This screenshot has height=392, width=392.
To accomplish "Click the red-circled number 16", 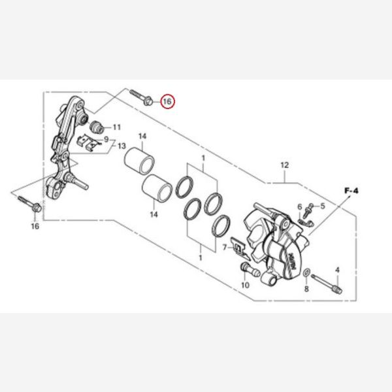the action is click(x=167, y=101).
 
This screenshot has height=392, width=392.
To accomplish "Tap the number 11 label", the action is click(x=117, y=127).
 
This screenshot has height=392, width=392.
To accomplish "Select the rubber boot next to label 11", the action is click(x=96, y=127).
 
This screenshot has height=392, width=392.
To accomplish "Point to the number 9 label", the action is click(x=106, y=139).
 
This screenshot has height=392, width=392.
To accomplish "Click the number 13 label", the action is click(x=122, y=146).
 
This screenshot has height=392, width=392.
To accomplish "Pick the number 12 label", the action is click(x=284, y=165).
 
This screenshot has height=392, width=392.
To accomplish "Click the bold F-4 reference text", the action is click(x=351, y=191).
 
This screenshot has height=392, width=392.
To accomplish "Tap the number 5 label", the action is click(x=323, y=206).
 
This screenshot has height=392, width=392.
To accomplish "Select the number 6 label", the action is click(x=300, y=207).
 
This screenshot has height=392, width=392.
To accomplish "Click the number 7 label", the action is click(x=225, y=248).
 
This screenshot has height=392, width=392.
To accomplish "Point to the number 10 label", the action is click(x=245, y=285).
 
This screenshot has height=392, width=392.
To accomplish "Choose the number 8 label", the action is click(x=306, y=289).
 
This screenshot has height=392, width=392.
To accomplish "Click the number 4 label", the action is click(x=338, y=270).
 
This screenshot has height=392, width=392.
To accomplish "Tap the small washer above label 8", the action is click(x=306, y=272).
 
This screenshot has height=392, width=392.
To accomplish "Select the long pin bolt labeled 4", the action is click(x=327, y=284).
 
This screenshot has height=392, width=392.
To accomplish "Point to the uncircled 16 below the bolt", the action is click(x=35, y=226).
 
